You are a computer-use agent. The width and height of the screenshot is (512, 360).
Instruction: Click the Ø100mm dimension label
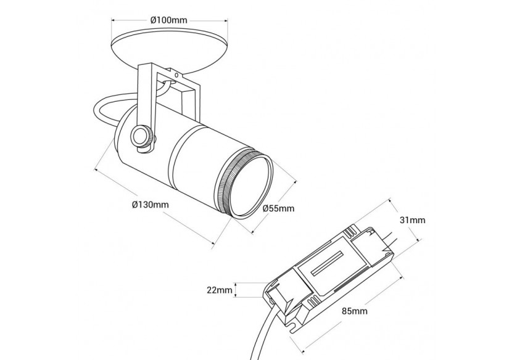click(169, 20)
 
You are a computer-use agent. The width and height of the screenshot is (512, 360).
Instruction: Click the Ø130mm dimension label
click(150, 205)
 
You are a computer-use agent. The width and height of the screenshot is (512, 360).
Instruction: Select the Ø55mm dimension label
click(278, 208)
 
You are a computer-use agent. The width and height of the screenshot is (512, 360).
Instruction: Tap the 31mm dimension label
click(412, 220)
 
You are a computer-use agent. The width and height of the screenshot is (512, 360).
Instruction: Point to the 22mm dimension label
click(220, 290)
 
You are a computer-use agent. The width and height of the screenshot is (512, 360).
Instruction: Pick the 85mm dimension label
click(354, 311)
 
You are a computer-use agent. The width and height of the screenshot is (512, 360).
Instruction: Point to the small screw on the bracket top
click(177, 75)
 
